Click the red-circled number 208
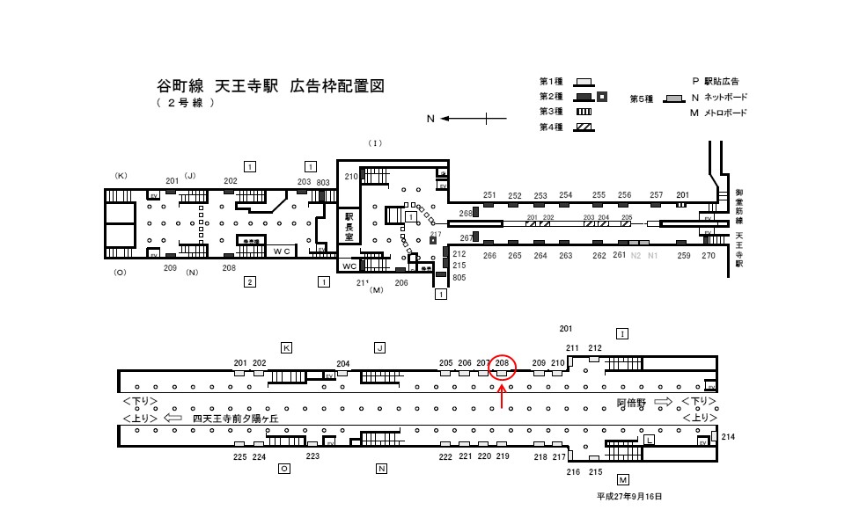click(x=503, y=362)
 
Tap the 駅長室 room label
click(x=349, y=226)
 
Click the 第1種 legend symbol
click(x=584, y=82)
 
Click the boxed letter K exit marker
click(x=286, y=347)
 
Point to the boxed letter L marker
click(x=649, y=439)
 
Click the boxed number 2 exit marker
click(x=250, y=281)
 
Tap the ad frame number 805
click(x=459, y=278)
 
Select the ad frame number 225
click(x=239, y=457)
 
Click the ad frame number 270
click(x=709, y=256)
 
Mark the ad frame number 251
click(x=489, y=195)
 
